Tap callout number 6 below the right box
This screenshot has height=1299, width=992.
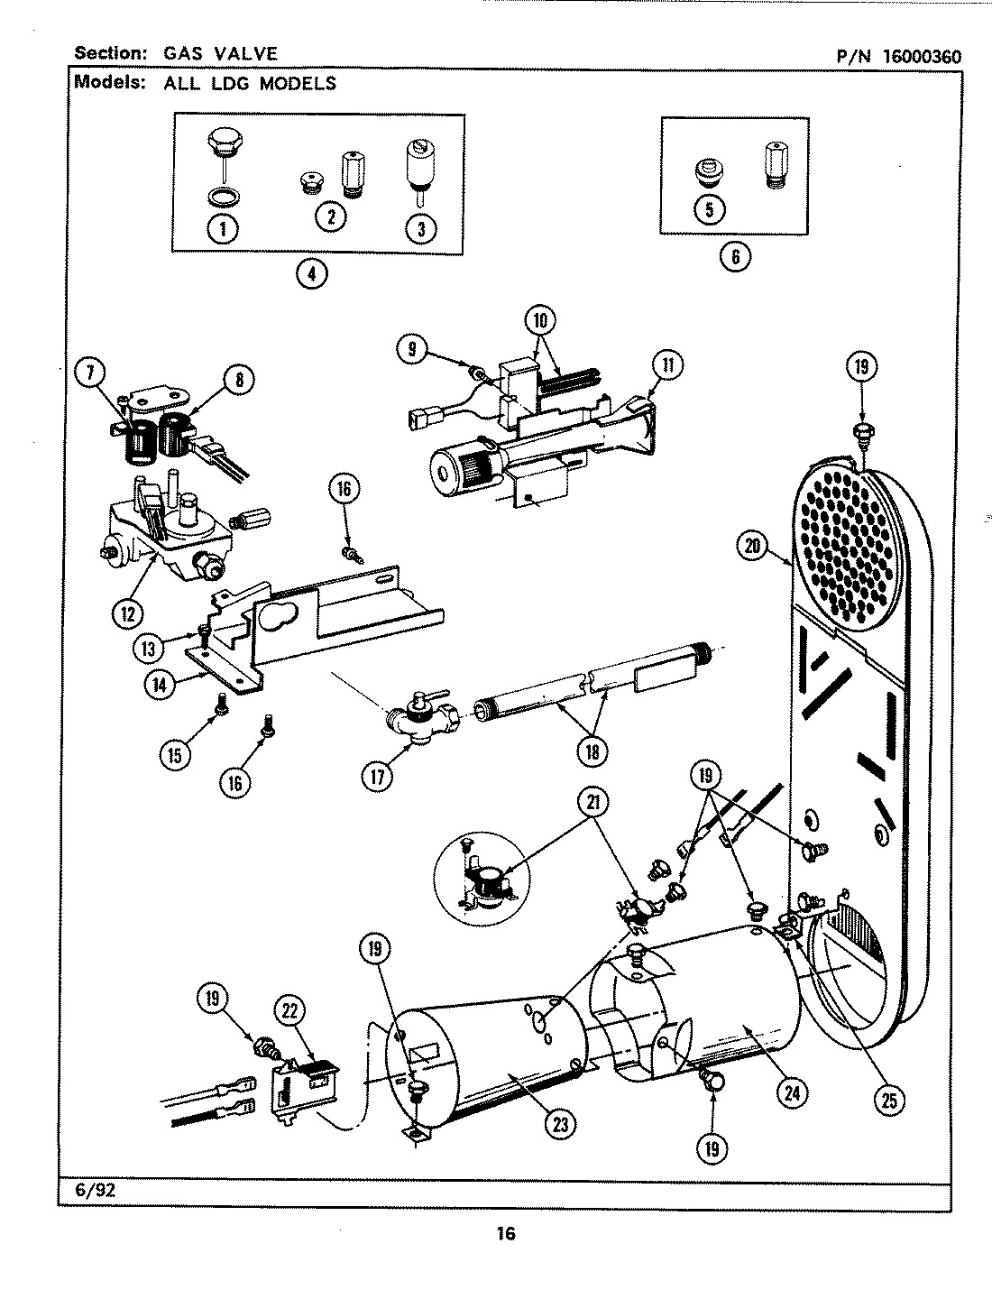tap(735, 256)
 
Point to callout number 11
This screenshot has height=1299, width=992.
tap(667, 365)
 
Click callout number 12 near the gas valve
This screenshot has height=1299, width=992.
tap(128, 613)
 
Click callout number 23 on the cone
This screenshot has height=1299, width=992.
tap(561, 1123)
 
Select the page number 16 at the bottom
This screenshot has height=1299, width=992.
tap(504, 1233)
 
